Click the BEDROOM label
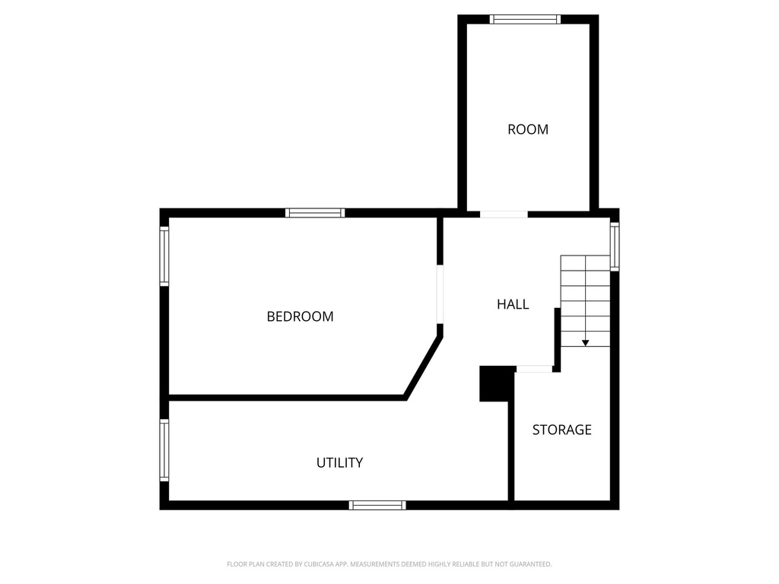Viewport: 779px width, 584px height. pyautogui.click(x=300, y=316)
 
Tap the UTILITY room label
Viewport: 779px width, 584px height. pyautogui.click(x=340, y=463)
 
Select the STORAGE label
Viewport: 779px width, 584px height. pyautogui.click(x=562, y=430)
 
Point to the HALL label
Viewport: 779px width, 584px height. pyautogui.click(x=513, y=304)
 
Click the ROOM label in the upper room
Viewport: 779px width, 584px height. pyautogui.click(x=528, y=129)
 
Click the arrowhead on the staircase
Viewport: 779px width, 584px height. pyautogui.click(x=585, y=343)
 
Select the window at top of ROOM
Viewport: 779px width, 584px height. pyautogui.click(x=525, y=19)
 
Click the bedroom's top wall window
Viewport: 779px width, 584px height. pyautogui.click(x=315, y=213)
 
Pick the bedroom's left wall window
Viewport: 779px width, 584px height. pyautogui.click(x=164, y=256)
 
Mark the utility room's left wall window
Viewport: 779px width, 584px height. pyautogui.click(x=164, y=450)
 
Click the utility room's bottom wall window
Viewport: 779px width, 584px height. pyautogui.click(x=377, y=505)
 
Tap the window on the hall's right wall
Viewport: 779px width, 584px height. pyautogui.click(x=615, y=246)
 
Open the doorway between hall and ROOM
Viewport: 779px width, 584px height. pyautogui.click(x=504, y=214)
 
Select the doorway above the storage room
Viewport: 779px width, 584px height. pyautogui.click(x=534, y=369)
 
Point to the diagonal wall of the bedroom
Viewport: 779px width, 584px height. pyautogui.click(x=423, y=367)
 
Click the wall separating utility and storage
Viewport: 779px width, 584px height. pyautogui.click(x=510, y=451)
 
